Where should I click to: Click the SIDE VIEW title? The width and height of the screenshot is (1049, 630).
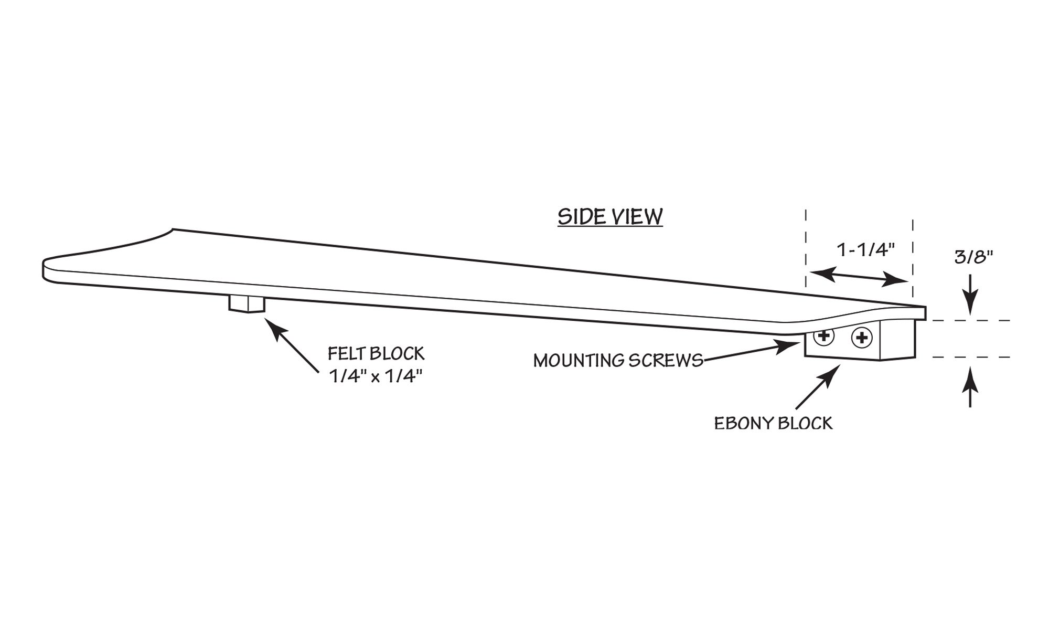tap(610, 216)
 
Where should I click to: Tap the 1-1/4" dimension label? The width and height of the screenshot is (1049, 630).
tap(865, 250)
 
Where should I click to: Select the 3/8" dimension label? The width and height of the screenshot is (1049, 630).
tap(973, 257)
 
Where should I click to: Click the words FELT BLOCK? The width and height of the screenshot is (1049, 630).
tap(376, 353)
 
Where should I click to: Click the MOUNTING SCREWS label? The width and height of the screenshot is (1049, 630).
tap(618, 361)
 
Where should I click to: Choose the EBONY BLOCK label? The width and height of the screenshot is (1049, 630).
tap(773, 423)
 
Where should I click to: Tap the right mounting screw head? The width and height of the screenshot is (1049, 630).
tap(861, 338)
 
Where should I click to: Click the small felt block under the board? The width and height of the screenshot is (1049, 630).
tap(247, 303)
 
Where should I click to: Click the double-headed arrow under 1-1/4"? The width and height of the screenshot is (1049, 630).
tap(859, 277)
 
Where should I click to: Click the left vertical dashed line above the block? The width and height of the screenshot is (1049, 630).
tap(806, 247)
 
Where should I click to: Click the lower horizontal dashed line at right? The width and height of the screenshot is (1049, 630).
tap(970, 357)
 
